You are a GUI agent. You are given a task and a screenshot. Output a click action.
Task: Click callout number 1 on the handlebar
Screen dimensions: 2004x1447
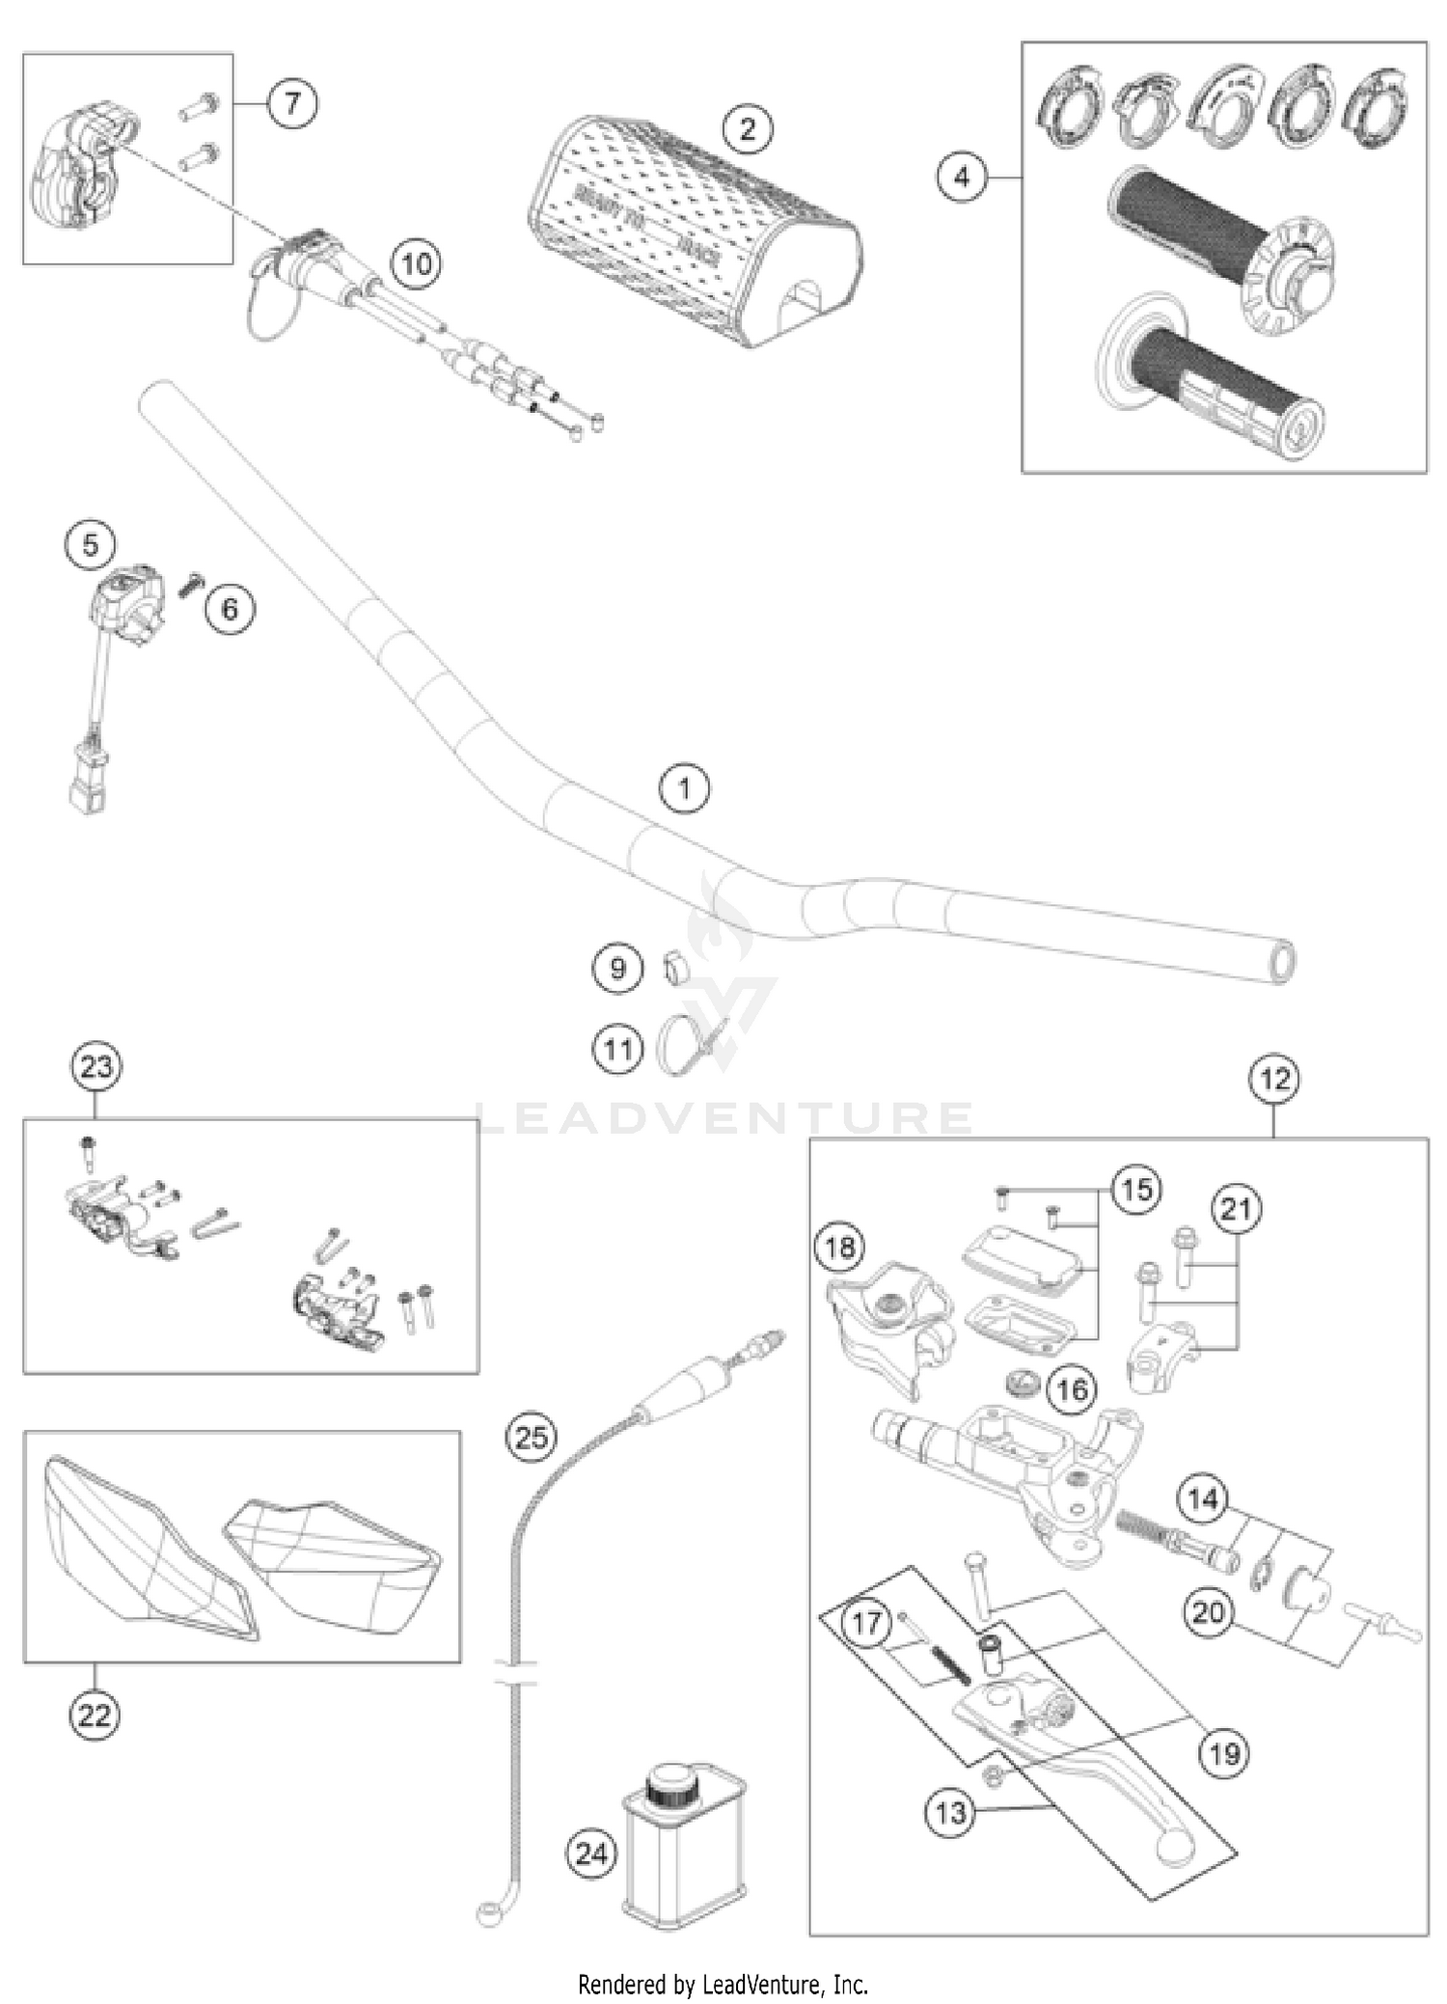(x=684, y=789)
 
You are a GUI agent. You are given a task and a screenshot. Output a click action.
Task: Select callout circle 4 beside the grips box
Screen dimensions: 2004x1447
(x=962, y=178)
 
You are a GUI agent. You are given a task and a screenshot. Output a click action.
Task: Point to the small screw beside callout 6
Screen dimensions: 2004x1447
(x=189, y=584)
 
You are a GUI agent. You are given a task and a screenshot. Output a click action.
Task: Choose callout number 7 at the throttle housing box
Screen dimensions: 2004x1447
(x=292, y=102)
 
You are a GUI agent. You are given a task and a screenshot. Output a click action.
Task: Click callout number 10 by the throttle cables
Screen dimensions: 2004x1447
(x=416, y=263)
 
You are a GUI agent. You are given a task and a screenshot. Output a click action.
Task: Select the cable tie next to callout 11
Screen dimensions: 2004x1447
(x=675, y=1047)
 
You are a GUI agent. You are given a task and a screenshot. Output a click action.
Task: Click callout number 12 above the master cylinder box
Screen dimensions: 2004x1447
(x=1274, y=1079)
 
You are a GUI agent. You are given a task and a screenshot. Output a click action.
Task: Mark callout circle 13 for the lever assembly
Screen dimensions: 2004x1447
(x=950, y=1812)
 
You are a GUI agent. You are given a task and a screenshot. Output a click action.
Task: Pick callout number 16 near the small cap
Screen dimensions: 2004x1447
(x=1072, y=1389)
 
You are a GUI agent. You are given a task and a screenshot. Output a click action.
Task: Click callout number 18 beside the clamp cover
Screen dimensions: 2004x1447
(x=839, y=1248)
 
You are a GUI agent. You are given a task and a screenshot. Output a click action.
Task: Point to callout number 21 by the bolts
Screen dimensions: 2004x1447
(x=1236, y=1209)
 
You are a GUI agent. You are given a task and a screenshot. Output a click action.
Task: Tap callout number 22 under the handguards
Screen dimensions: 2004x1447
(x=95, y=1716)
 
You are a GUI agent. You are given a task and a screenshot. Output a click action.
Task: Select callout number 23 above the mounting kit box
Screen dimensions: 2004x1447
(x=96, y=1067)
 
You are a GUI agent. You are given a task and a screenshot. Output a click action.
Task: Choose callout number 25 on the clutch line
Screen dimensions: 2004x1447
(x=531, y=1438)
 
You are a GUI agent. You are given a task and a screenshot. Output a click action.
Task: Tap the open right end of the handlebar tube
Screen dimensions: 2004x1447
(x=1282, y=961)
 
